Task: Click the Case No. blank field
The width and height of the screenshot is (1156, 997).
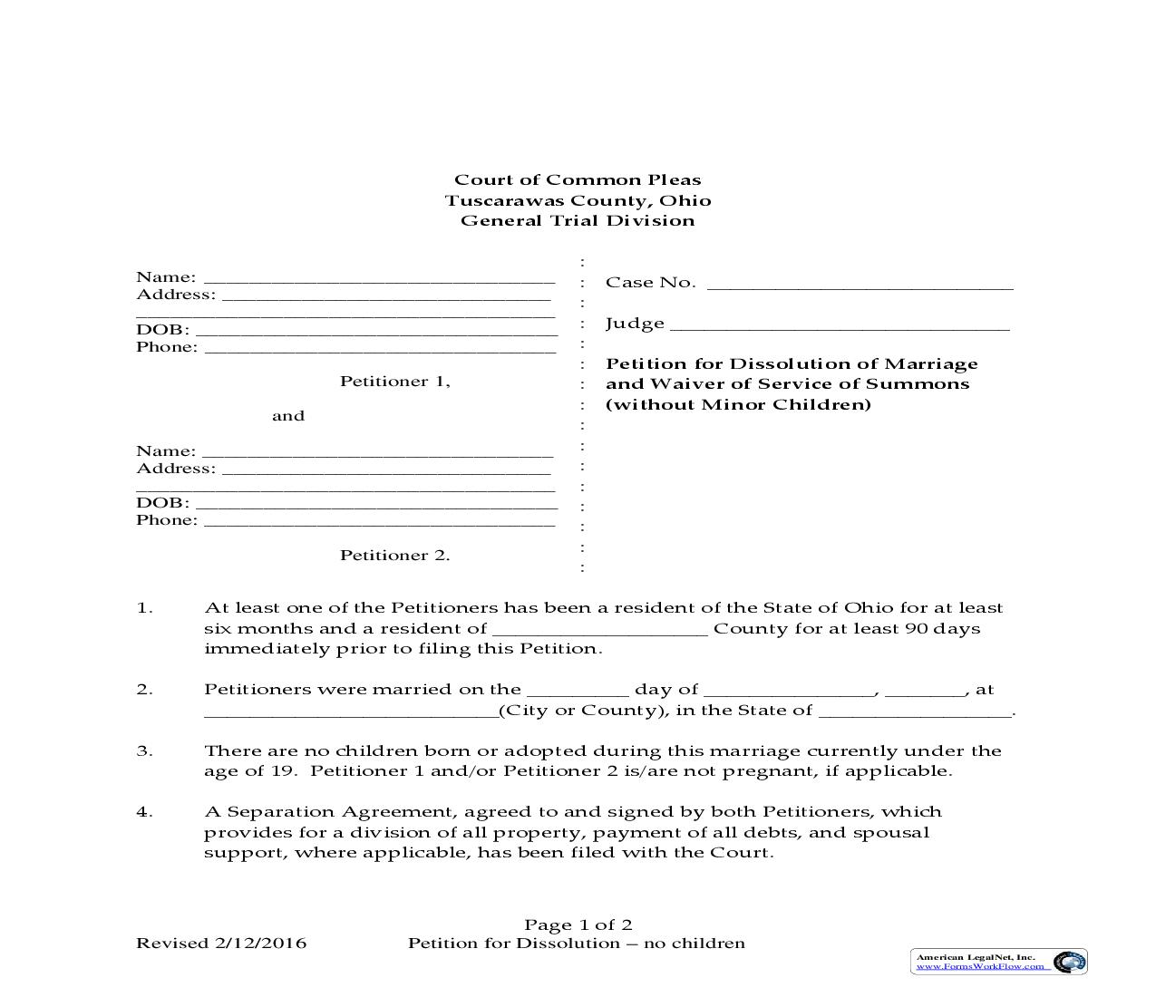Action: point(859,284)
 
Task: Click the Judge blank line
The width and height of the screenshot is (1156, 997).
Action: point(839,324)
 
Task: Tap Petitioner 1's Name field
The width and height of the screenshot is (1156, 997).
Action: point(378,278)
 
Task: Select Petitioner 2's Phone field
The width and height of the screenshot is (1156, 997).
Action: point(379,521)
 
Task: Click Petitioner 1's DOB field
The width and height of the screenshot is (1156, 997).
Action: point(375,331)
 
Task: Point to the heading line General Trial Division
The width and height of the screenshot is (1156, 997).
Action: point(578,220)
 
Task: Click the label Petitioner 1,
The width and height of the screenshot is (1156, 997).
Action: point(394,382)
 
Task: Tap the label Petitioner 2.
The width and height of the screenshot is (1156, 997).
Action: point(394,556)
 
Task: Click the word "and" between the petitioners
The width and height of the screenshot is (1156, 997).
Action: point(288,416)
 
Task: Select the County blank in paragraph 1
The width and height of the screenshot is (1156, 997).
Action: point(598,630)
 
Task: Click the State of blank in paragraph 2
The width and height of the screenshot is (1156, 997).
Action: point(915,711)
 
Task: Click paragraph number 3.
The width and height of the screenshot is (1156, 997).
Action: point(144,751)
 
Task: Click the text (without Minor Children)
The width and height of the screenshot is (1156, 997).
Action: point(738,404)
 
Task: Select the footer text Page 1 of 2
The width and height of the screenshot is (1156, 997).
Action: point(578,925)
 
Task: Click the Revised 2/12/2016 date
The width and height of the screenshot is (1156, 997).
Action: point(221,944)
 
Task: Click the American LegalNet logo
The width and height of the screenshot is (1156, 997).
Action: point(998,962)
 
